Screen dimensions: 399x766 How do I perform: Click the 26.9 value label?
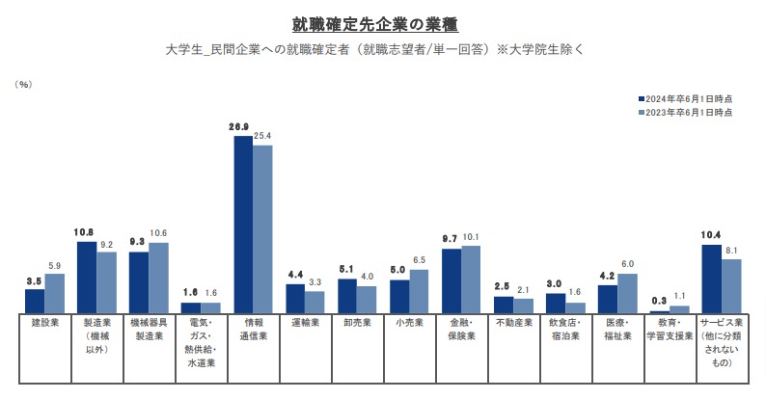pyautogui.click(x=239, y=127)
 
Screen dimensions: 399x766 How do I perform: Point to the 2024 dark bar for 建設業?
pyautogui.click(x=35, y=301)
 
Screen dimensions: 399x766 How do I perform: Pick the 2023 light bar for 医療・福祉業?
pyautogui.click(x=626, y=293)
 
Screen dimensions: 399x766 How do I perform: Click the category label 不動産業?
pyautogui.click(x=512, y=324)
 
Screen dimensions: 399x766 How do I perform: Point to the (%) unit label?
pyautogui.click(x=23, y=85)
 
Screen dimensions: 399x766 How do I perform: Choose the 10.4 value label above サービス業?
pyautogui.click(x=711, y=235)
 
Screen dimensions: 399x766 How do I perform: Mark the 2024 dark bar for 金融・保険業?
pyautogui.click(x=451, y=280)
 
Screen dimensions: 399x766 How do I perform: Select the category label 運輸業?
pyautogui.click(x=304, y=324)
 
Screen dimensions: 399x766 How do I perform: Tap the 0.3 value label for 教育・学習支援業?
pyautogui.click(x=658, y=302)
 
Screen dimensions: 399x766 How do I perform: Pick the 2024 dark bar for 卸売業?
pyautogui.click(x=347, y=296)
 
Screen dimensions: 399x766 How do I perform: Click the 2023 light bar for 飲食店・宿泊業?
pyautogui.click(x=575, y=307)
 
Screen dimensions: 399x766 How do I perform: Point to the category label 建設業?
pyautogui.click(x=44, y=324)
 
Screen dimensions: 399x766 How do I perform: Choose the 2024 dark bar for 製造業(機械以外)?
pyautogui.click(x=87, y=277)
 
